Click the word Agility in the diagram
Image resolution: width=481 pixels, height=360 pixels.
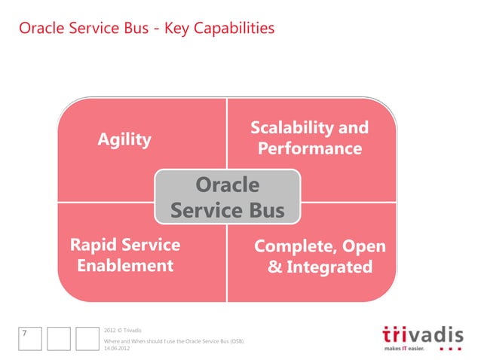click(124, 139)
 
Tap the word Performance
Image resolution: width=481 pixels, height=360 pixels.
click(309, 148)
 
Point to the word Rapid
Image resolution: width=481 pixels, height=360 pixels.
click(93, 245)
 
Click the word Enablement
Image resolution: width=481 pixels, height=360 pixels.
click(125, 266)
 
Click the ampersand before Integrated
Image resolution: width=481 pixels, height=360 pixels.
click(274, 267)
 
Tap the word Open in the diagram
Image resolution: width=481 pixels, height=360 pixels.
click(365, 246)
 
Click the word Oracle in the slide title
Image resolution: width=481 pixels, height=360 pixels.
click(38, 29)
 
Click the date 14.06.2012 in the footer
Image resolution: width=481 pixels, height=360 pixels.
click(117, 348)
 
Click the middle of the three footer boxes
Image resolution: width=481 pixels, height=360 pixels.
click(58, 338)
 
